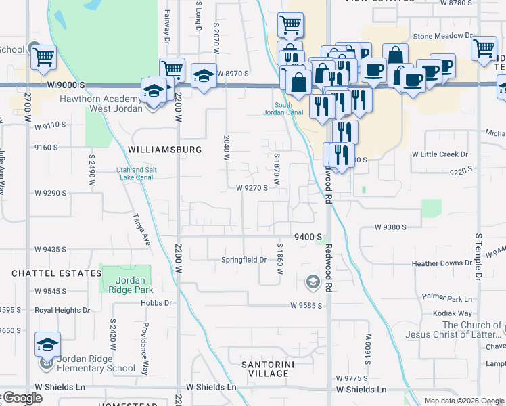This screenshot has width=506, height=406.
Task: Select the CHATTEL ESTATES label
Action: (56, 273)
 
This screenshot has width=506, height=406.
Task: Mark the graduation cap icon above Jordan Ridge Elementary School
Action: (47, 344)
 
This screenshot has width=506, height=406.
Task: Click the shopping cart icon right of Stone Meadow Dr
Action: (484, 48)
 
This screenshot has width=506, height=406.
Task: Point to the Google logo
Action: (22, 399)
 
